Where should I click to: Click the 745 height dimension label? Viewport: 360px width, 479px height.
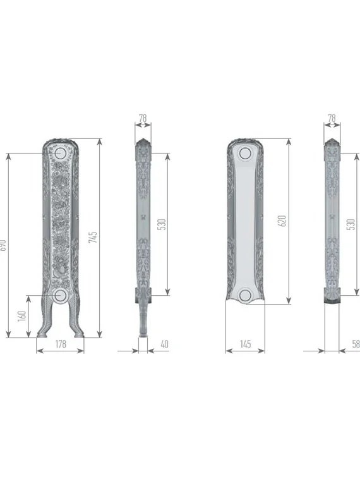(93, 237)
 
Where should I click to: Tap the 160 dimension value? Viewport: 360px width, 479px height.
(23, 315)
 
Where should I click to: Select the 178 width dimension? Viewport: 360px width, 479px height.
(61, 344)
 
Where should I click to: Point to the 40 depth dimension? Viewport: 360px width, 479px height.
(165, 344)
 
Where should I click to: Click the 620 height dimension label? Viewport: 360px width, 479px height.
(282, 221)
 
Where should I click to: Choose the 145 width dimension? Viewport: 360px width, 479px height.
(246, 344)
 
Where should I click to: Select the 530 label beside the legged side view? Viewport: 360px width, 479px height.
(161, 224)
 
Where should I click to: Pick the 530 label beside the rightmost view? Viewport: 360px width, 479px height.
(351, 224)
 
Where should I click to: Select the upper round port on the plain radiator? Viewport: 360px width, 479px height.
(245, 153)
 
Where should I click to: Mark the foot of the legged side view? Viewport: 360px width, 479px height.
(144, 332)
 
